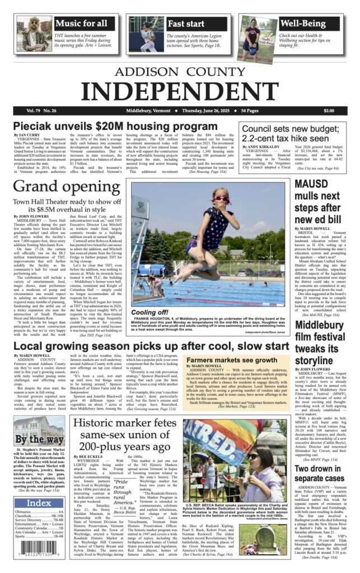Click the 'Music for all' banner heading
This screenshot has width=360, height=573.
coord(82,24)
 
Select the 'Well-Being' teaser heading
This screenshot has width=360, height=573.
coord(304,24)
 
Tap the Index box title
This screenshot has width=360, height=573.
coord(38,503)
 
